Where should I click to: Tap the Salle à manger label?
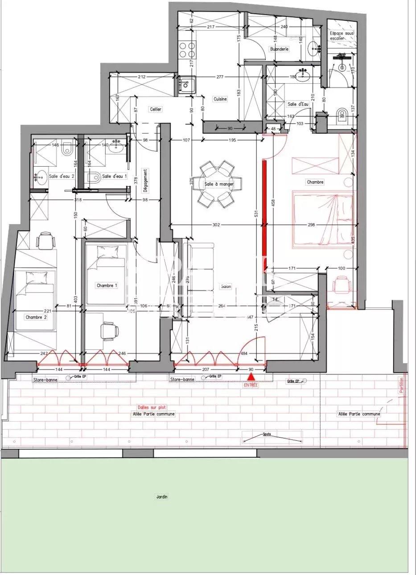point(219,184)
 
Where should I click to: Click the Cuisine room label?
point(220,99)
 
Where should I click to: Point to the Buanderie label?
point(279,49)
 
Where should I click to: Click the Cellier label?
point(156,109)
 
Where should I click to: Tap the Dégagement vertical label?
point(145,180)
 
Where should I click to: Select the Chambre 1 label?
point(107,285)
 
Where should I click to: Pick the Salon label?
point(226,286)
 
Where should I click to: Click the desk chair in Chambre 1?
point(109,331)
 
